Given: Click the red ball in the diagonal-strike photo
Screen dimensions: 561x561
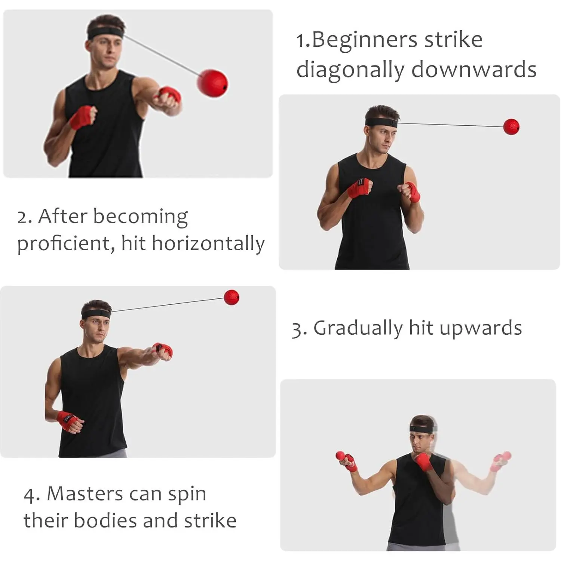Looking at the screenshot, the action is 212,83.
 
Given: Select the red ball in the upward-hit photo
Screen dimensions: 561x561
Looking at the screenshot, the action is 231,297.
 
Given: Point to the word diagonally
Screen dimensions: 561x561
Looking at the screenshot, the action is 350,70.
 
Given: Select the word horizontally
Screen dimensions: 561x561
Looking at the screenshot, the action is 208,243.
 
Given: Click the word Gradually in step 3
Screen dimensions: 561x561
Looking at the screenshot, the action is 358,328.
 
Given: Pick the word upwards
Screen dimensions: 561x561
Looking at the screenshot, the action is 481,328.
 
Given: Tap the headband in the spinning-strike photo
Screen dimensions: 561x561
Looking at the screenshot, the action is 423,428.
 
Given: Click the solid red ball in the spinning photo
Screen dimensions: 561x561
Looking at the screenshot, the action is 341,456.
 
